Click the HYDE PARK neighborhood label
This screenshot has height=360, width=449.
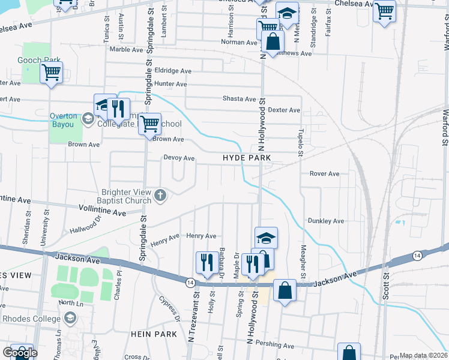(247, 158)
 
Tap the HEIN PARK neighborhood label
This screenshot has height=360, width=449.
(155, 334)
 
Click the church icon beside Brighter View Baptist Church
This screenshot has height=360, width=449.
(160, 194)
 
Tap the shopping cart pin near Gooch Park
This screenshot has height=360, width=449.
(51, 73)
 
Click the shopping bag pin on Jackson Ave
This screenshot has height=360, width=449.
(285, 291)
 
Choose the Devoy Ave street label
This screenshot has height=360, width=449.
(179, 158)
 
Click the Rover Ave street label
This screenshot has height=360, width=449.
(324, 174)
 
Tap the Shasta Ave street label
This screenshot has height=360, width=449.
(239, 99)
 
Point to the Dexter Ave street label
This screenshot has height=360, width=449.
(283, 110)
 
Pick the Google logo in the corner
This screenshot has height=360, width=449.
(19, 353)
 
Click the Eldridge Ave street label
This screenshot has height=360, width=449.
(173, 71)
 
